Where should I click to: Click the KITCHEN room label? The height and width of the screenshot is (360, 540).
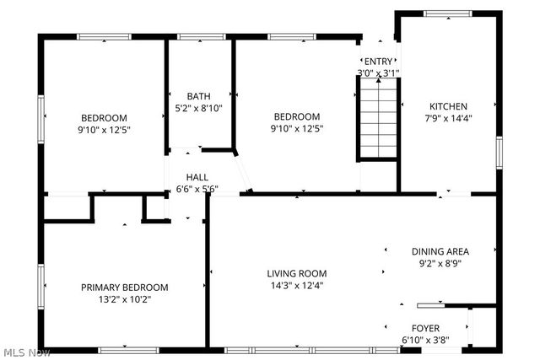[448, 106]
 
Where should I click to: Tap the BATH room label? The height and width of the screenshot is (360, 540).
[198, 96]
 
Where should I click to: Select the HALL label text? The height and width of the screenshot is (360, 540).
[197, 177]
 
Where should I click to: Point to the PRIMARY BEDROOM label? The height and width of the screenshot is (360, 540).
[124, 287]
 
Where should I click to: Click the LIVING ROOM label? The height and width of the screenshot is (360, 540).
[296, 273]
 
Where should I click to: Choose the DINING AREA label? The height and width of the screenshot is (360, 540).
[440, 251]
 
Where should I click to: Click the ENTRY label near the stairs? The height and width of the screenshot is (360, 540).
[377, 61]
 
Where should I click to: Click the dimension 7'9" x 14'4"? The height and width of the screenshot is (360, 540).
[448, 118]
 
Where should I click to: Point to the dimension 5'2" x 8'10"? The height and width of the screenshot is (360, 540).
[198, 108]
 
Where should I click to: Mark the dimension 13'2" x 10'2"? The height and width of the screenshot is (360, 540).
[124, 298]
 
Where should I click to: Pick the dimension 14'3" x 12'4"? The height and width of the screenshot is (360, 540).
[296, 285]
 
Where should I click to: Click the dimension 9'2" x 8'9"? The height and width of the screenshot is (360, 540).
[440, 263]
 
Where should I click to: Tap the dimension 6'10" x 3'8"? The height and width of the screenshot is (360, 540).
[424, 341]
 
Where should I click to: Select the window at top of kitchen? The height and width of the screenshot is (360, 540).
[448, 13]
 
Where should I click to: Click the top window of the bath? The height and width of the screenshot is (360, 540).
[196, 36]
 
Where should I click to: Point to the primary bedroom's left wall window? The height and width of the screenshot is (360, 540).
[40, 287]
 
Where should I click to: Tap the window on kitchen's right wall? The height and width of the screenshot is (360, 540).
[498, 151]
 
